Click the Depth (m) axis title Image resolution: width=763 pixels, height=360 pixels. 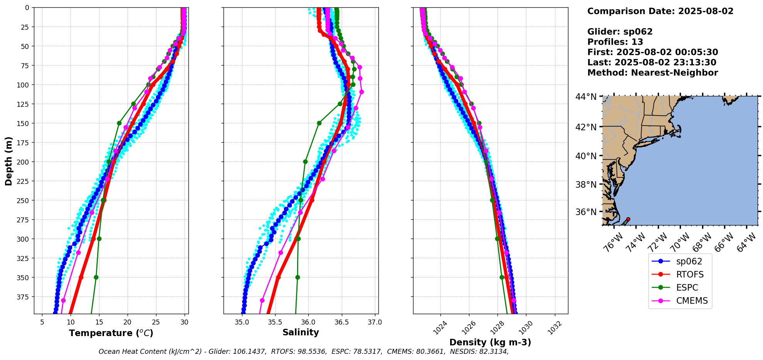click(x=8, y=161)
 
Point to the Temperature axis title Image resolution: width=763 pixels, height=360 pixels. click(x=111, y=333)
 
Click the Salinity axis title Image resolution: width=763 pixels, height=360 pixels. click(x=301, y=332)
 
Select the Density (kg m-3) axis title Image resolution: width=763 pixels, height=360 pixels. click(x=490, y=342)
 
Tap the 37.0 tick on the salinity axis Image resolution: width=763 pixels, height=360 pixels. click(x=375, y=322)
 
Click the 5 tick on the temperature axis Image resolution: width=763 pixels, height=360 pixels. click(x=42, y=322)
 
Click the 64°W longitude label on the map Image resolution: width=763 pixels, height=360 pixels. click(x=746, y=243)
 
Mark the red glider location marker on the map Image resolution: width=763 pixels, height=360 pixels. click(x=628, y=219)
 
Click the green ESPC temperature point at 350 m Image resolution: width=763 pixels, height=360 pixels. click(x=96, y=277)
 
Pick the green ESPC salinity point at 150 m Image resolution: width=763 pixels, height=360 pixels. click(x=319, y=123)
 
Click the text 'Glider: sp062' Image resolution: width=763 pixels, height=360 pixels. click(x=620, y=32)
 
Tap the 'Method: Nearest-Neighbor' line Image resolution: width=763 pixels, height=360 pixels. click(x=652, y=73)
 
